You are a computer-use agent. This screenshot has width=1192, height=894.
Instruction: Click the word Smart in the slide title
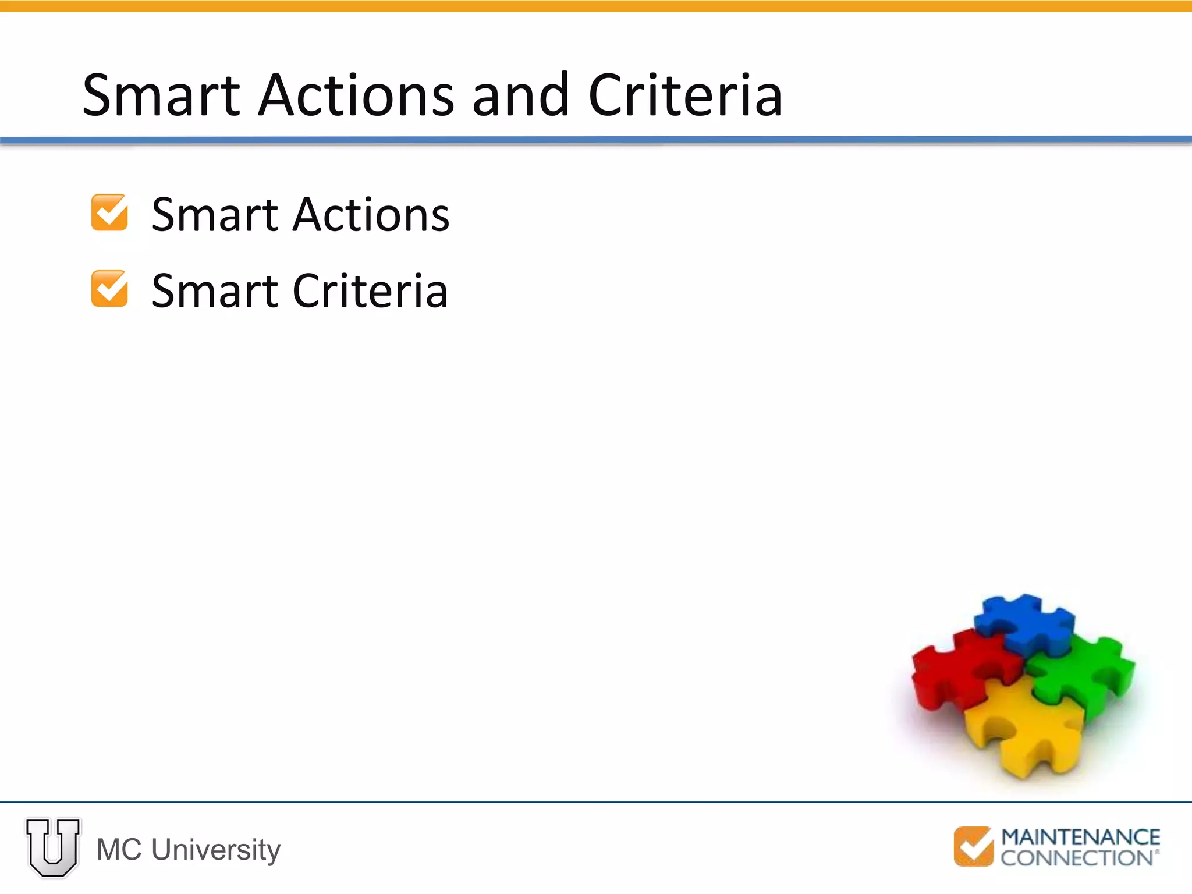tap(161, 95)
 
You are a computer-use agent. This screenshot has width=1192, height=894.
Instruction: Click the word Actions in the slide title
tap(356, 95)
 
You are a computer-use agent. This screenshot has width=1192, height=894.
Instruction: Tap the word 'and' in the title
tap(520, 95)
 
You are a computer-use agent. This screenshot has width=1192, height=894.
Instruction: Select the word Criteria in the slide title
tap(685, 95)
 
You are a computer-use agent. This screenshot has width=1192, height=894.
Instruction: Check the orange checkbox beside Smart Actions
tap(109, 213)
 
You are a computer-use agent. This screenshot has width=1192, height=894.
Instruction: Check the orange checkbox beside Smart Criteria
tap(109, 289)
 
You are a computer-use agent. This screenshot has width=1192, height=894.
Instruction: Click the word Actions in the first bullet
tap(371, 215)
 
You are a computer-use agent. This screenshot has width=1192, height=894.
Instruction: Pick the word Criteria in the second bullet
tap(370, 291)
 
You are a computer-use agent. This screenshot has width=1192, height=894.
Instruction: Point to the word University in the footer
tap(216, 850)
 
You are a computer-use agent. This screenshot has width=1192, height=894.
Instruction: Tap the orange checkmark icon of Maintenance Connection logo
tap(973, 846)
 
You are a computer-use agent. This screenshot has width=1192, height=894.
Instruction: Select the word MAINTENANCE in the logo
tap(1080, 837)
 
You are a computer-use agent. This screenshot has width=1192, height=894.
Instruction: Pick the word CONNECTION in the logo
tap(1077, 858)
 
